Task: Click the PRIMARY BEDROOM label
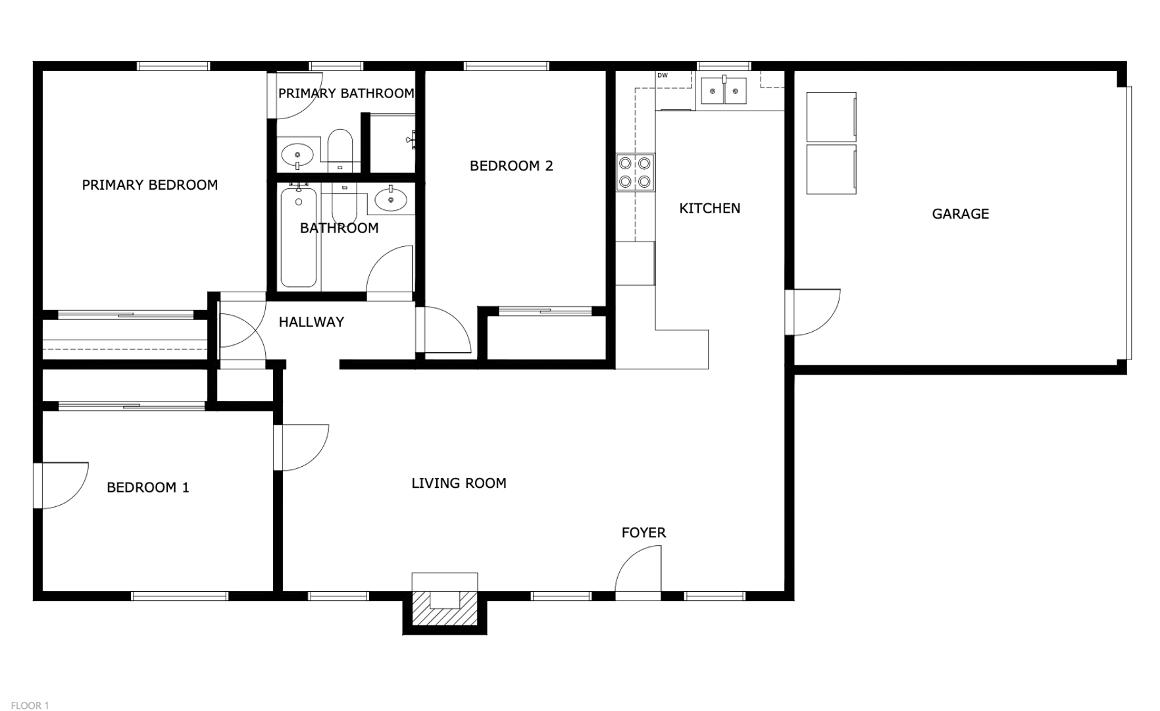tap(150, 185)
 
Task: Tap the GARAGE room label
tap(960, 214)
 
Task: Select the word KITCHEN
tap(709, 209)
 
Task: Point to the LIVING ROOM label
tap(459, 483)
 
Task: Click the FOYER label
tap(643, 533)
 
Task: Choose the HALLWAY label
tap(311, 322)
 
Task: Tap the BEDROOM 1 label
tap(148, 488)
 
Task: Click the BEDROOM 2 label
tap(511, 166)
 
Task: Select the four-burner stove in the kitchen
tap(636, 172)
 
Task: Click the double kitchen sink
tap(724, 91)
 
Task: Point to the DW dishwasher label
tap(663, 76)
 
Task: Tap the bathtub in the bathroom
tap(299, 237)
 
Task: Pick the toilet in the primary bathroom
tap(340, 149)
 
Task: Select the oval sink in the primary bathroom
tap(298, 156)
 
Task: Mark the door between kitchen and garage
tap(813, 313)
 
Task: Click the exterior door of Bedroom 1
tap(61, 486)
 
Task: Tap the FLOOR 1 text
tap(30, 706)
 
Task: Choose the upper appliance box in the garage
tap(832, 117)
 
